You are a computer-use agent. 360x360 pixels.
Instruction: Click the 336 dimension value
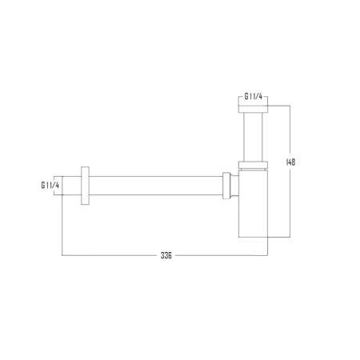click(x=166, y=255)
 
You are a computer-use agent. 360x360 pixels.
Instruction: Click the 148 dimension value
click(x=290, y=162)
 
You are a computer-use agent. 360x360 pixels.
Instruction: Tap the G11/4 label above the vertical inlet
click(x=254, y=97)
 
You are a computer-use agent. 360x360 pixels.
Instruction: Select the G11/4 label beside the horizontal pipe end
click(x=50, y=186)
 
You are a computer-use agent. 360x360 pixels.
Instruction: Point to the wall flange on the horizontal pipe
click(x=85, y=186)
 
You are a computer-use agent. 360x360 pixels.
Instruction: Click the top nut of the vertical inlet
click(x=253, y=110)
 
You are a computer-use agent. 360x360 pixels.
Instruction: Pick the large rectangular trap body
click(x=253, y=204)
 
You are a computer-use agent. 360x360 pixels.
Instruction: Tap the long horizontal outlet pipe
click(x=156, y=186)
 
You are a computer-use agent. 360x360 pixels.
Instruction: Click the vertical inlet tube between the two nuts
click(x=253, y=137)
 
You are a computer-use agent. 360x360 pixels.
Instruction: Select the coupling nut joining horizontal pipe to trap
click(x=226, y=186)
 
